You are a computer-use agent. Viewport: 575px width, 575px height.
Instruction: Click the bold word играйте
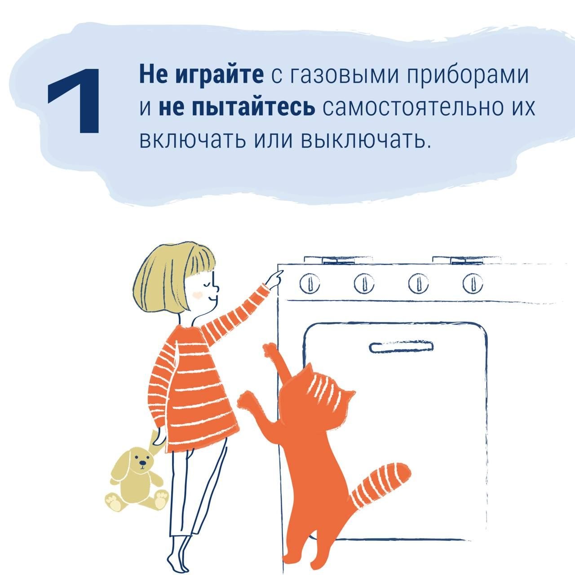(219, 75)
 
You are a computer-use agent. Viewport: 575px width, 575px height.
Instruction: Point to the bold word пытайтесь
(237, 108)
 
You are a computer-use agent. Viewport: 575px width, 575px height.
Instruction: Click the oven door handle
(401, 347)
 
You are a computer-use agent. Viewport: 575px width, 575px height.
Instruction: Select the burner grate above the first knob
(338, 260)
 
